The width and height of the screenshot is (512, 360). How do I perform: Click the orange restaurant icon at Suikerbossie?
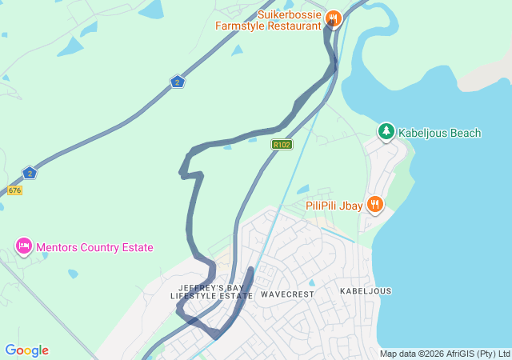click(334, 18)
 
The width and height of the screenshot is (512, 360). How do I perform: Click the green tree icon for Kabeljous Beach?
click(386, 130)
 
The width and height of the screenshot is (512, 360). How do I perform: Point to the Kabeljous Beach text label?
click(440, 133)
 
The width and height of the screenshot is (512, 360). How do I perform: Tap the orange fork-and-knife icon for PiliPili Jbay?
click(374, 205)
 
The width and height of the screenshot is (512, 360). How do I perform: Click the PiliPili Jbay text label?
click(334, 206)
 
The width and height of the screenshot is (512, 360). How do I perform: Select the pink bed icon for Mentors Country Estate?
click(24, 246)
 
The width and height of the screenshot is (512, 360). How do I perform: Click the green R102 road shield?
click(282, 145)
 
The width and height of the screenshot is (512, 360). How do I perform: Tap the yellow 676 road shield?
click(14, 190)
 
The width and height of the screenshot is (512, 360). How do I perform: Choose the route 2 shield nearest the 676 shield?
click(30, 173)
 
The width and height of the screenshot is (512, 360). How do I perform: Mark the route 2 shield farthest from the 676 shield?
click(178, 82)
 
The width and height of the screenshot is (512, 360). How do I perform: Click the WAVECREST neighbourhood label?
click(287, 294)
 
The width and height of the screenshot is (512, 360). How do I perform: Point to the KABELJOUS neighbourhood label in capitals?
click(366, 291)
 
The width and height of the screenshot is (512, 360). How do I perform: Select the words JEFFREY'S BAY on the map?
click(211, 287)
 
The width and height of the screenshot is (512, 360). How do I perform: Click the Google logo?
click(26, 350)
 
